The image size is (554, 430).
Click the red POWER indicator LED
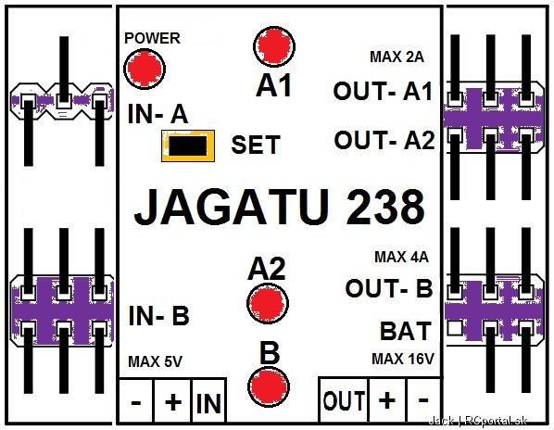[x=145, y=69]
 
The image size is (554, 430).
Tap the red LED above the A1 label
[x=274, y=46]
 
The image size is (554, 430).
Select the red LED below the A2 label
[x=268, y=304]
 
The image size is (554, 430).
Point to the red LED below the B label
[x=269, y=386]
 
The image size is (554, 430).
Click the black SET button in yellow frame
[x=188, y=145]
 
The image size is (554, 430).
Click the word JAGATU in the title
[x=231, y=207]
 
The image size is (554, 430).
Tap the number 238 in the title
[x=385, y=207]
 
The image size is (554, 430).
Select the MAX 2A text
[x=397, y=57]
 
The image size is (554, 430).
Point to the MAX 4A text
[x=401, y=257]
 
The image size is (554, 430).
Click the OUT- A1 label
[x=383, y=91]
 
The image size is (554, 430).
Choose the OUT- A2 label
[x=384, y=140]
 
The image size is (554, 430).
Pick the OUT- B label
[x=389, y=288]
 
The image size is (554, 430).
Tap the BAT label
[x=406, y=331]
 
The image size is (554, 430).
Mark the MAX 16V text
[x=403, y=359]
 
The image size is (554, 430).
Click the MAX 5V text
[x=155, y=361]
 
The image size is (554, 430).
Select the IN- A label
[x=157, y=115]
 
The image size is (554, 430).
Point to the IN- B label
[x=159, y=315]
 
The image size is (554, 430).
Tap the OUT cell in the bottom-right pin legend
[x=344, y=400]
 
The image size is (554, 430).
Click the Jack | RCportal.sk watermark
[x=478, y=421]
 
